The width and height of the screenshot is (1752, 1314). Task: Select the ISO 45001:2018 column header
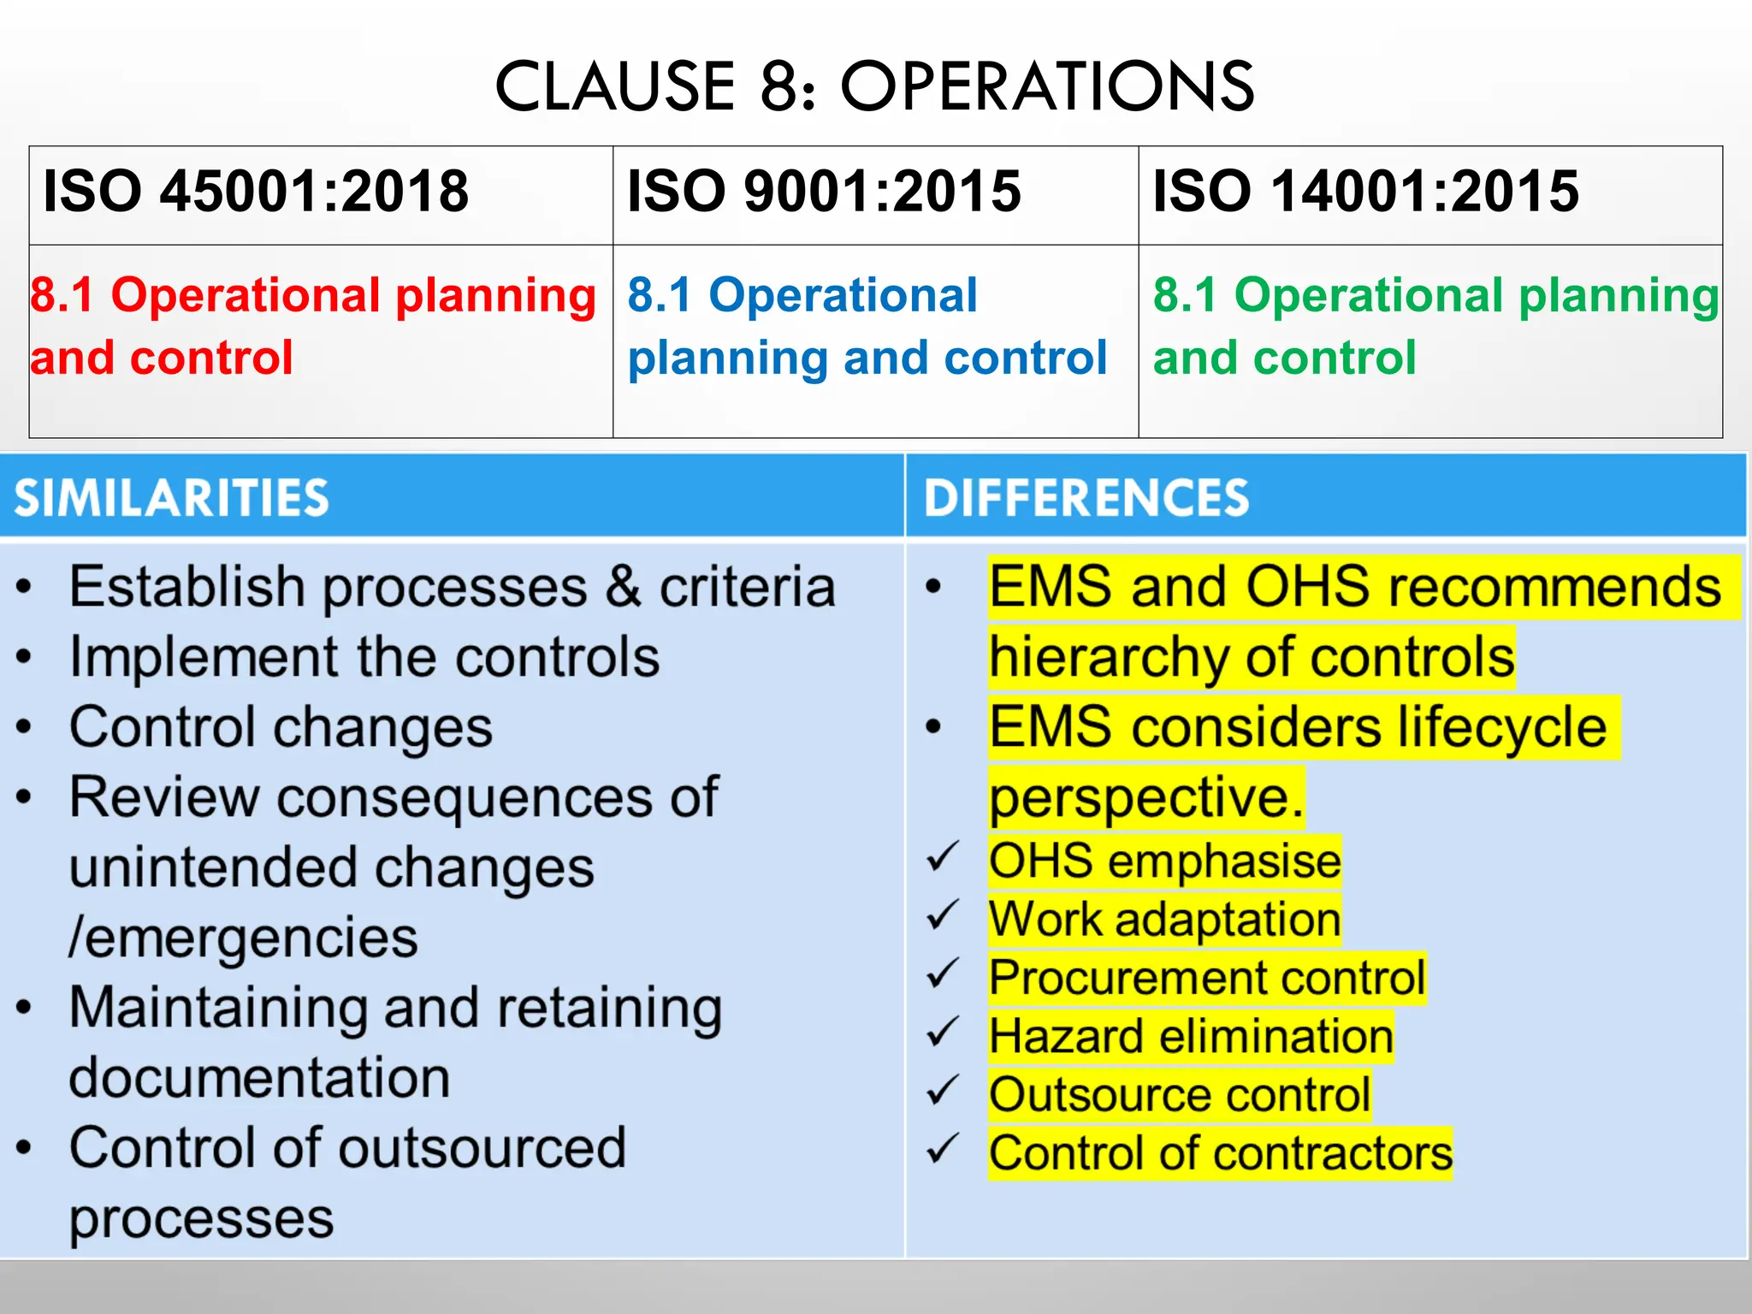tap(256, 191)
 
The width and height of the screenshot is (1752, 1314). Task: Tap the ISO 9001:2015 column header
tap(824, 191)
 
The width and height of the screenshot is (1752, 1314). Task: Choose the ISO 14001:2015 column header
tap(1365, 191)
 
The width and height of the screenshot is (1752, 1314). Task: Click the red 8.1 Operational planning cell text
tap(312, 326)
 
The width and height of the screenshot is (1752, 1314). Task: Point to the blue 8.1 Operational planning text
tap(866, 326)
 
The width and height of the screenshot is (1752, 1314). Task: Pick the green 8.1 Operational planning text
tap(1435, 326)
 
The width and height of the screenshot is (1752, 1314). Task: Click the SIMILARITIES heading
tap(171, 498)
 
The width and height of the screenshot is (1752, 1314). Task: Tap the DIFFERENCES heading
tap(1086, 498)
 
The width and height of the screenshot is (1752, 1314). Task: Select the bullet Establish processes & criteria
tap(452, 588)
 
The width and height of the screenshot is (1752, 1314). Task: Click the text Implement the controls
tap(364, 658)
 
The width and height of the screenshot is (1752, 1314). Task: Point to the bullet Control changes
tap(281, 728)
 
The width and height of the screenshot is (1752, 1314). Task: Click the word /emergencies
tap(244, 938)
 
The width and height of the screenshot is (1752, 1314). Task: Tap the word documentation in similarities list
tap(259, 1078)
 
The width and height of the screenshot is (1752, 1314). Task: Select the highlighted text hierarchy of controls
tap(1251, 658)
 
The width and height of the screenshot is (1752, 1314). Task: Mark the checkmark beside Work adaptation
tap(944, 917)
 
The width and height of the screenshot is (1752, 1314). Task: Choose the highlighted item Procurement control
tap(1206, 978)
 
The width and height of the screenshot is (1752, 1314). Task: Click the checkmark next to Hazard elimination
tap(944, 1034)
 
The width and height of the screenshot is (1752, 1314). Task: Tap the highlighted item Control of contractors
tap(1220, 1153)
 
